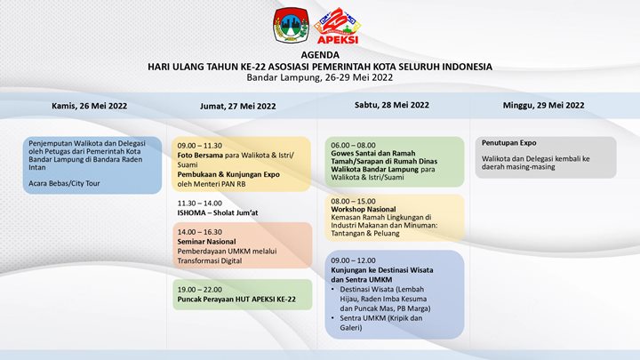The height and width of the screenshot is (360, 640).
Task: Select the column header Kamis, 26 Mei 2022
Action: [89, 105]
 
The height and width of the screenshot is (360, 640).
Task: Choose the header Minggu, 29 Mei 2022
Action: [543, 105]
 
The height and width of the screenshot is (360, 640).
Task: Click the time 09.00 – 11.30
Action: [199, 145]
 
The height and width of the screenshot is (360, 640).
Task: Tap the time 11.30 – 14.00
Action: [199, 203]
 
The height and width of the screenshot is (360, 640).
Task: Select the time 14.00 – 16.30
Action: [199, 231]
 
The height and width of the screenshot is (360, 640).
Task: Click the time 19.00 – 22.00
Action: [199, 290]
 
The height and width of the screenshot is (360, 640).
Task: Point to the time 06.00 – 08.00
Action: [353, 144]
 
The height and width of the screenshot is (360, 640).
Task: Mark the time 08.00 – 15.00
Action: [353, 201]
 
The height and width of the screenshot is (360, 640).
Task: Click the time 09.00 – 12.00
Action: [353, 260]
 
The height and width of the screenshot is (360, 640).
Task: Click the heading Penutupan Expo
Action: [509, 143]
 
